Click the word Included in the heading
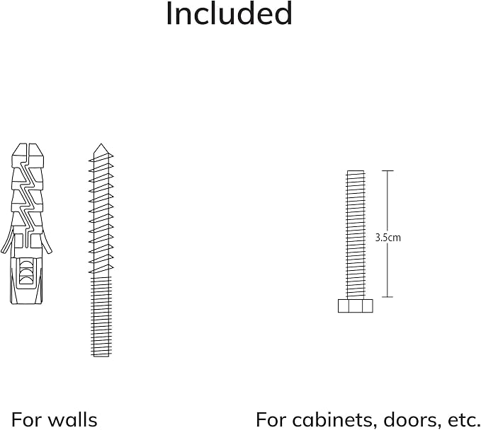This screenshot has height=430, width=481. click(x=229, y=13)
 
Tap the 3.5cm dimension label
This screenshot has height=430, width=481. click(x=387, y=238)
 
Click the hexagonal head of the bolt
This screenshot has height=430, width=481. click(x=356, y=306)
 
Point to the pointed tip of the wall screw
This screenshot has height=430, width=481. click(x=101, y=144)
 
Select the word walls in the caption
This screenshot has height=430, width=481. click(x=73, y=419)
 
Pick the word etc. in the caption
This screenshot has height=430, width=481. click(x=463, y=420)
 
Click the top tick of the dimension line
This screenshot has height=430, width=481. click(x=387, y=170)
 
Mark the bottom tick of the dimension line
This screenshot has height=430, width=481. click(x=387, y=297)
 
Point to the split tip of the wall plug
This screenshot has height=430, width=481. click(x=28, y=149)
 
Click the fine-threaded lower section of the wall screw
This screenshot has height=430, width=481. click(x=101, y=316)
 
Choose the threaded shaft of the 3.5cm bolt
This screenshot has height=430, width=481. click(x=356, y=234)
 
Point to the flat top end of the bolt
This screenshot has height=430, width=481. click(x=356, y=171)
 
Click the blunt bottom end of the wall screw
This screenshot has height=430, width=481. click(x=101, y=356)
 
